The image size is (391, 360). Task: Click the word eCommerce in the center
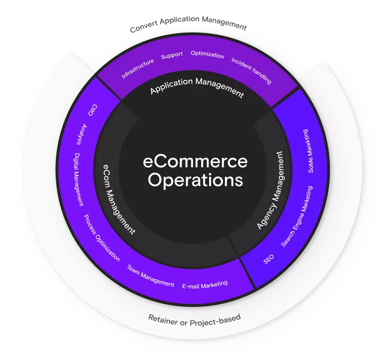(195, 162)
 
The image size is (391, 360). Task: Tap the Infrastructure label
(137, 69)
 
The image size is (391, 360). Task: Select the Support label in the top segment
(172, 55)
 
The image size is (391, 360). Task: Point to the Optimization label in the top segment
(207, 55)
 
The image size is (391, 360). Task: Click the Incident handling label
(251, 71)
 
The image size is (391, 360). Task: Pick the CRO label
(92, 110)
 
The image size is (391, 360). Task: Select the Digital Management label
(78, 180)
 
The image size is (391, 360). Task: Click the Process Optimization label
(102, 238)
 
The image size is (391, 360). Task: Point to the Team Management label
(150, 276)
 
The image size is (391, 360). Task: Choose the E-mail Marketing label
(205, 285)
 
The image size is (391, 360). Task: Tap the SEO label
(268, 259)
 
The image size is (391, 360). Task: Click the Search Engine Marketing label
(297, 216)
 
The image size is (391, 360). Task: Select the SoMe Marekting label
(308, 151)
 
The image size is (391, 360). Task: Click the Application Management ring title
(197, 87)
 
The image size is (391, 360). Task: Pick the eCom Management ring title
(119, 199)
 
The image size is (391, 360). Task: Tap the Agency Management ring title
(270, 190)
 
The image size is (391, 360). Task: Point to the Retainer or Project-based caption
(195, 321)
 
